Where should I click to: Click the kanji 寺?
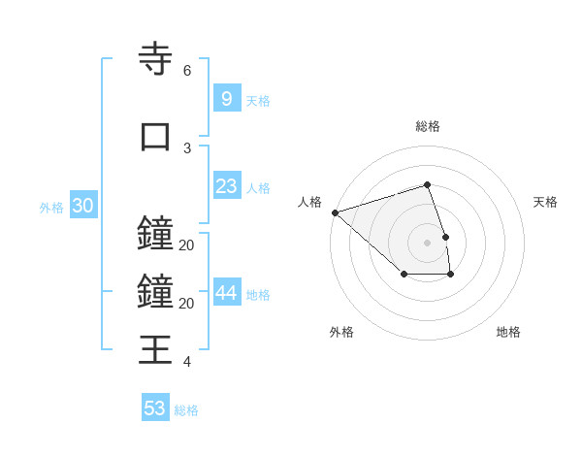click(155, 58)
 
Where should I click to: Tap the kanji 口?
click(155, 137)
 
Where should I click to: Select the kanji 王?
click(155, 348)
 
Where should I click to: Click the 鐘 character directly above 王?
click(155, 291)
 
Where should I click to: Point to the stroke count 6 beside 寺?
click(186, 71)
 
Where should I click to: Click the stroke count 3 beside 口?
click(186, 148)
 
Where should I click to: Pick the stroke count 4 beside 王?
click(186, 362)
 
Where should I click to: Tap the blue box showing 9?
click(226, 99)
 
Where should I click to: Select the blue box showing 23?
click(226, 187)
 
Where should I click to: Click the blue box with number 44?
click(226, 294)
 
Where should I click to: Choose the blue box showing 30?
click(82, 207)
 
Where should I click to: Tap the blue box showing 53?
click(155, 408)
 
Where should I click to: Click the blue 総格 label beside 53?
click(186, 410)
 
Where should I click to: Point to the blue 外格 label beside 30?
click(51, 208)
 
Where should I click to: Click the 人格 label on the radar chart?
click(309, 202)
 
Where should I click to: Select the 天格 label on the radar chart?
click(546, 202)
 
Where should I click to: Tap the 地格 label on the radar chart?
click(508, 332)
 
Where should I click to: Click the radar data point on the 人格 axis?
click(335, 212)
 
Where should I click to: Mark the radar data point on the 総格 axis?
click(427, 184)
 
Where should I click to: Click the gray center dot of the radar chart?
click(427, 243)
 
